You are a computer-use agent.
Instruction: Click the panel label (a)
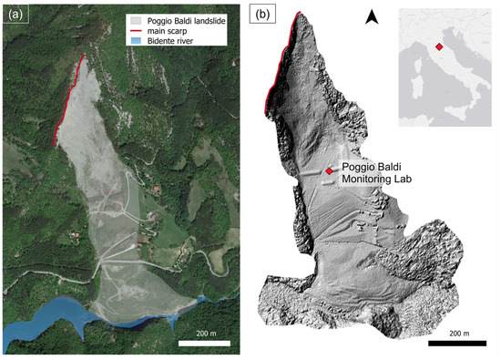[15, 15]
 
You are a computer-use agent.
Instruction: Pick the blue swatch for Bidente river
[135, 41]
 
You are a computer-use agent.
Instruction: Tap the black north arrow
[372, 16]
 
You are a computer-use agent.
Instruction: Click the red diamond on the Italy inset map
[439, 46]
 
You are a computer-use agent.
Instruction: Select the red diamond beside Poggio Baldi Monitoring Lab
[330, 170]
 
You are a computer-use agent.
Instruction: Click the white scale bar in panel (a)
[208, 343]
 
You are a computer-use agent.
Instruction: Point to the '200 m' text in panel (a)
[208, 333]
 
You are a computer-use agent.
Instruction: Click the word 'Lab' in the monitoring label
[400, 180]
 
